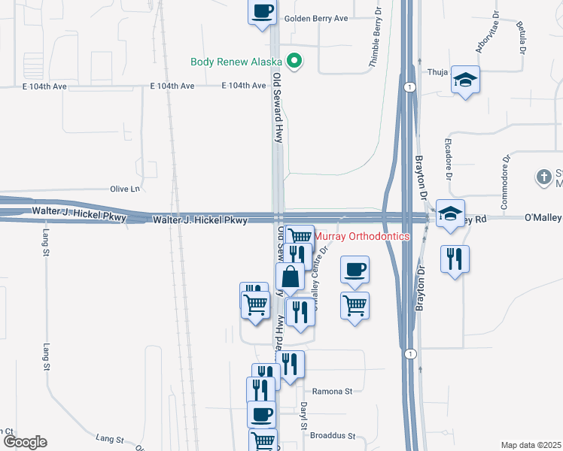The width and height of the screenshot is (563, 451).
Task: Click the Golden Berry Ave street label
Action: coord(316,18)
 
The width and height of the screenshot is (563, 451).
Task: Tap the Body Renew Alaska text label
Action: coord(236,62)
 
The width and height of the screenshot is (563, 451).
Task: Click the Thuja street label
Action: coord(438,73)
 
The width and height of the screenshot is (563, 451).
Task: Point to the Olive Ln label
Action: coord(125,189)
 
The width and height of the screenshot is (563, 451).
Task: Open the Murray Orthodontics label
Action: coord(361,236)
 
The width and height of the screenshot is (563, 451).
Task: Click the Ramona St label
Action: coord(333,392)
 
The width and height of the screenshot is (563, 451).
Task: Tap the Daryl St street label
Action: coord(304,416)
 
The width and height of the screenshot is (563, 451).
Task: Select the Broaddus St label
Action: coord(332,435)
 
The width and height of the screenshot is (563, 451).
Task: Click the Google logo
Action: coord(24,441)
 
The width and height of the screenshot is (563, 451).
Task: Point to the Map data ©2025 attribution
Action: coord(531,445)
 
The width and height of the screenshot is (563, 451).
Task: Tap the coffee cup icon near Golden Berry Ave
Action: coord(262,11)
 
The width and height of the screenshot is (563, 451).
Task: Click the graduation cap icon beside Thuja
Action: coord(466,80)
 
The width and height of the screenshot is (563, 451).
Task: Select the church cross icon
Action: coord(544,177)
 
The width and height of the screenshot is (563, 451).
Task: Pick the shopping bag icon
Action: coord(291,277)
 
